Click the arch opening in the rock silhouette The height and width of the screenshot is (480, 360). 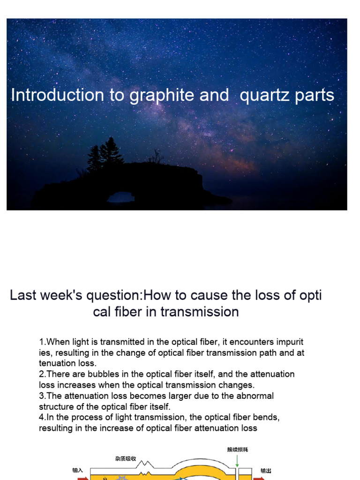120,197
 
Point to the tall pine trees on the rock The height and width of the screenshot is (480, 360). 106,153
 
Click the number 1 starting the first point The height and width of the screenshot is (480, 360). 41,342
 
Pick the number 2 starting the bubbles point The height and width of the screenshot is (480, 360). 41,375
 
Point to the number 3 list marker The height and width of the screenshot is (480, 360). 41,396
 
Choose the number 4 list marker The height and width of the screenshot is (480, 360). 41,418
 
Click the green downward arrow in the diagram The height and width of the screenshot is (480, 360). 238,460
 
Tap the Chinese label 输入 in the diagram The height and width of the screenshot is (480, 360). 77,470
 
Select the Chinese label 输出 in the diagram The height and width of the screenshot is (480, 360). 266,470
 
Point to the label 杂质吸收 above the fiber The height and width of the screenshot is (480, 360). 125,459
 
